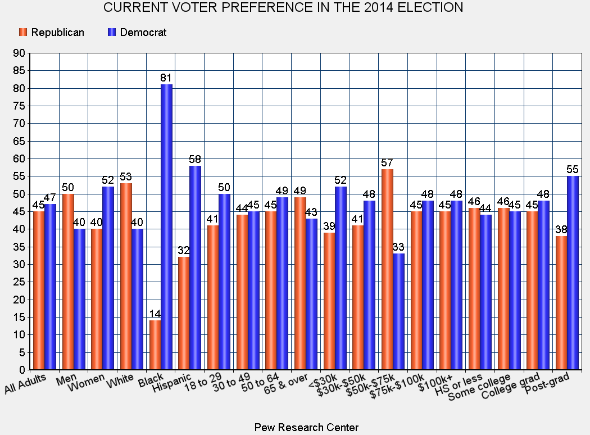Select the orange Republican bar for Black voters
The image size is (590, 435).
coord(155,345)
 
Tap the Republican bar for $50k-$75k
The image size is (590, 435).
coord(387,269)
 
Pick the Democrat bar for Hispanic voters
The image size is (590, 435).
coord(195,268)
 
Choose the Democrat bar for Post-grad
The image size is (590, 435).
coord(572,273)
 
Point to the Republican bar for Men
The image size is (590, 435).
coord(68,282)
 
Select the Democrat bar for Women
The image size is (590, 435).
coord(108,278)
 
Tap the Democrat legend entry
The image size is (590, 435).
coord(137,32)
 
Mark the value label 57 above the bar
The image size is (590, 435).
coord(387,163)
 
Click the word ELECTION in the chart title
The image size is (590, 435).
coord(428,8)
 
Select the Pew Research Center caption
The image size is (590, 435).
coord(306,427)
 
